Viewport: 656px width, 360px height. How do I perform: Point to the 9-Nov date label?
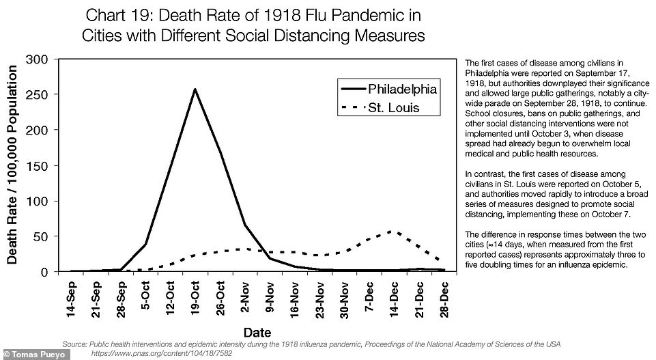[x=270, y=297]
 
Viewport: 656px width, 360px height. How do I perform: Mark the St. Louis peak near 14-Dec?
[x=390, y=232]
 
